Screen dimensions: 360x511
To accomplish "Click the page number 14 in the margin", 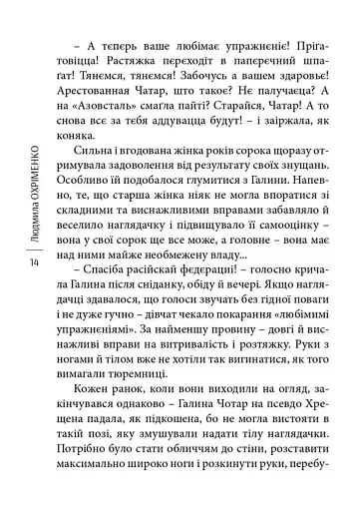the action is (35, 262).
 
